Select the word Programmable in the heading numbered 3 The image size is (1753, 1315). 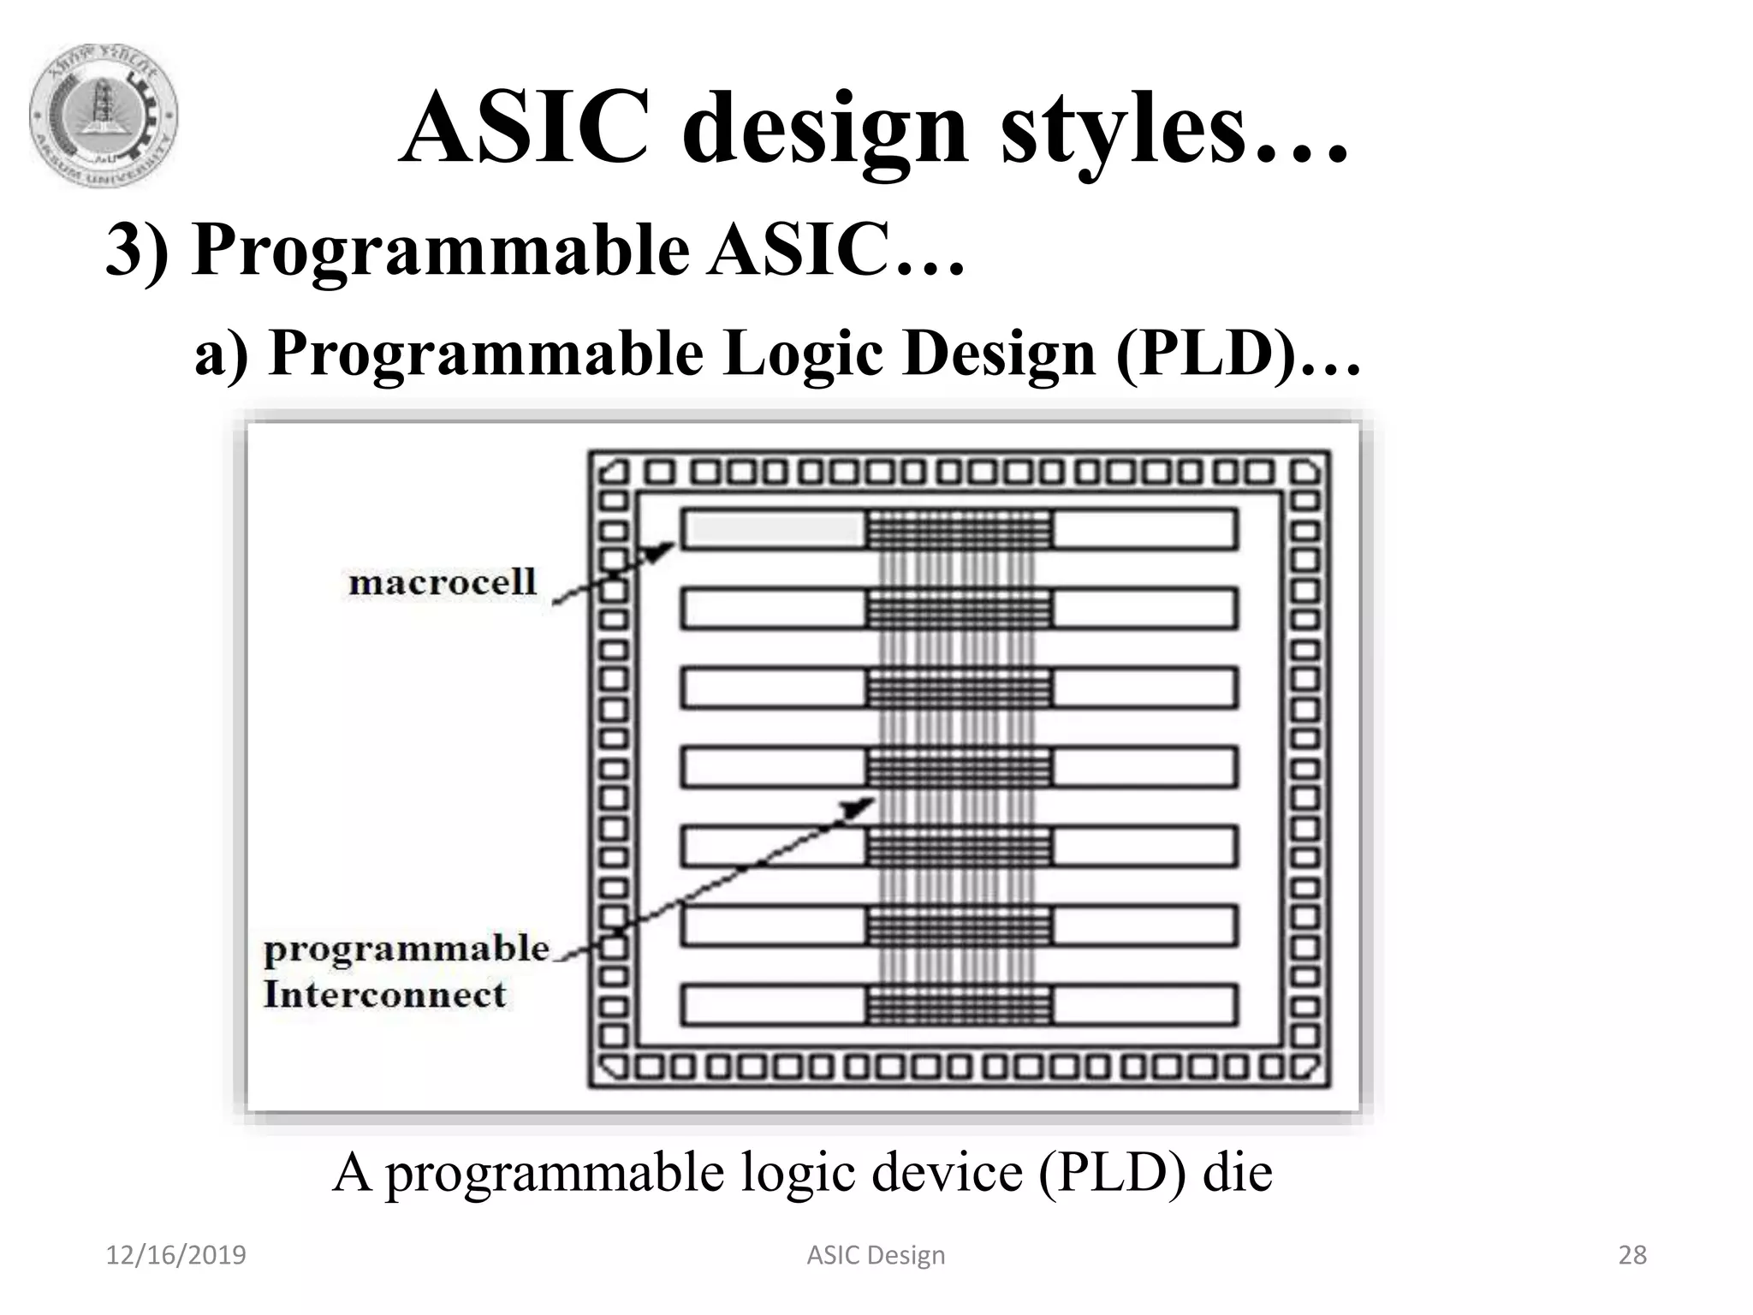point(440,250)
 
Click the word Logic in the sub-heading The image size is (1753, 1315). point(802,353)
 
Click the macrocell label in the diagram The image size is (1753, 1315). point(442,582)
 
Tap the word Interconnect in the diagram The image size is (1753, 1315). point(384,995)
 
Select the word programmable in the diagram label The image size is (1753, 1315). point(406,949)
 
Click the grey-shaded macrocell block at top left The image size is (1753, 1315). point(774,529)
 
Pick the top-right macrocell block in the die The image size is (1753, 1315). point(1144,529)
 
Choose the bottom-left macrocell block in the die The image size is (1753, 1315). point(774,1005)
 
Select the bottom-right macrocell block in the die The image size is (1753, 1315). point(1144,1005)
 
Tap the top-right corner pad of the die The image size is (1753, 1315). point(1304,473)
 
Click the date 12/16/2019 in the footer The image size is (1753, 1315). point(175,1255)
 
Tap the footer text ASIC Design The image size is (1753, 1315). point(876,1255)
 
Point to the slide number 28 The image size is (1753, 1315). point(1632,1255)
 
